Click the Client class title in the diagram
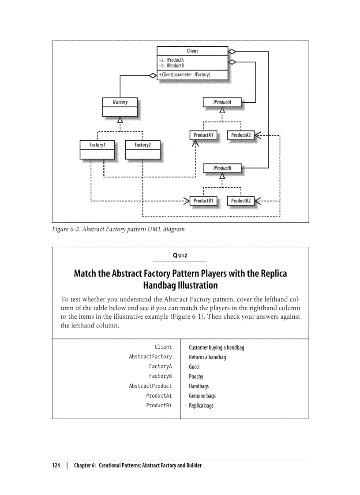point(192,51)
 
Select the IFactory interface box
point(120,107)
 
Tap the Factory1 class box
point(97,149)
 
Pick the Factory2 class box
point(142,149)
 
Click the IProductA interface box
point(222,102)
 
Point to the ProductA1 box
point(203,135)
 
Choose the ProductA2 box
point(241,135)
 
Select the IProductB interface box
point(222,168)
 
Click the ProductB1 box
point(203,201)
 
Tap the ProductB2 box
point(241,201)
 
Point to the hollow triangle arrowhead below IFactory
point(120,120)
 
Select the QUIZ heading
point(180,256)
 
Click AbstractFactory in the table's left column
point(150,357)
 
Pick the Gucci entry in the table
point(194,367)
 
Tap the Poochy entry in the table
point(196,376)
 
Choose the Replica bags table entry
point(201,406)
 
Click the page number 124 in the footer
point(56,465)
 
